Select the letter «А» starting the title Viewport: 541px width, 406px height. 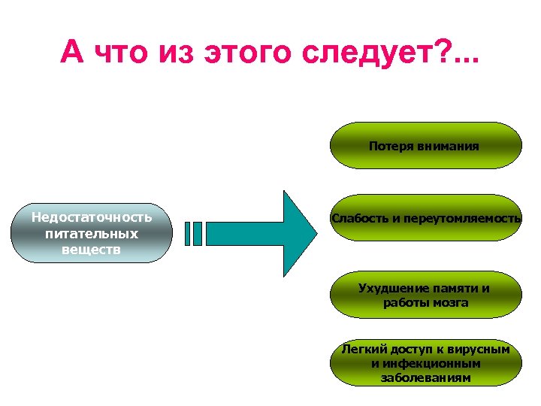click(72, 52)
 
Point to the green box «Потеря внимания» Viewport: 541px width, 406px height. click(425, 145)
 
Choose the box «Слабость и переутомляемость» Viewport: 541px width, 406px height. click(425, 218)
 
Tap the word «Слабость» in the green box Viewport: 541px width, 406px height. click(357, 219)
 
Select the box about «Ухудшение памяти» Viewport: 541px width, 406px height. click(425, 295)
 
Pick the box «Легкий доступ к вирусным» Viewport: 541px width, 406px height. click(425, 363)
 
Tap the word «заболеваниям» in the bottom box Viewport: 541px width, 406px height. click(425, 377)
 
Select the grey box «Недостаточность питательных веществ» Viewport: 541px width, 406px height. click(91, 233)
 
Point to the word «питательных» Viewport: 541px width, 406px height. click(91, 233)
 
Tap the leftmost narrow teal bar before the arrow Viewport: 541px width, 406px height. click(187, 233)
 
